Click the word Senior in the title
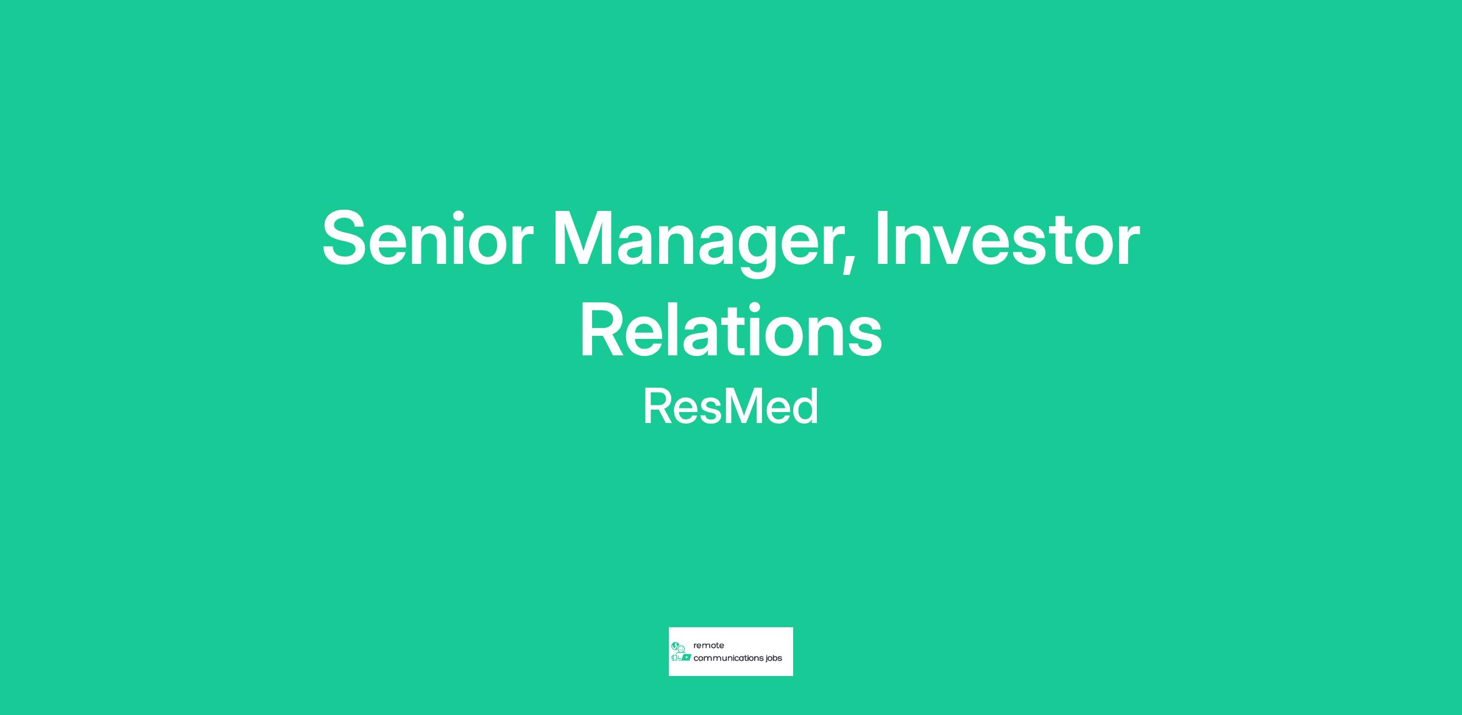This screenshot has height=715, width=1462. [428, 239]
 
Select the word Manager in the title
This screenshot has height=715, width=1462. [697, 244]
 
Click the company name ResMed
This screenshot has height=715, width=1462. [731, 407]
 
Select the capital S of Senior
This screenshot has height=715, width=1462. [347, 239]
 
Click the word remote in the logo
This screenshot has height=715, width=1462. [708, 646]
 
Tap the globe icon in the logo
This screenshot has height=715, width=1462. [675, 646]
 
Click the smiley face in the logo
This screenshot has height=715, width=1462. [682, 649]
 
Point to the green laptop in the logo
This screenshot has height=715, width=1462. [686, 658]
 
